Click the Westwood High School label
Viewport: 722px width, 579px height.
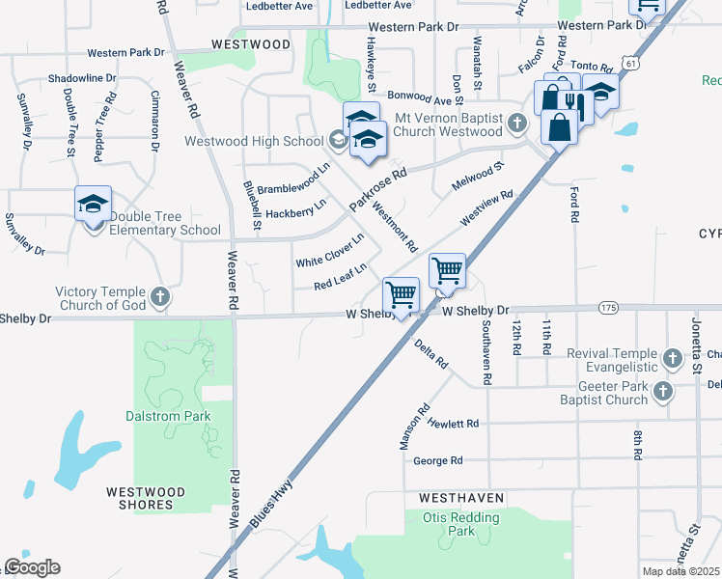click(254, 142)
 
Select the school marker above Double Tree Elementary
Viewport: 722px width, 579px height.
click(94, 205)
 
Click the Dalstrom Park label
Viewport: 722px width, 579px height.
click(168, 416)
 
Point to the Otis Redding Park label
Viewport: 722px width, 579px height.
click(461, 524)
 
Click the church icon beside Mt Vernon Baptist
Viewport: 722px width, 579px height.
click(518, 123)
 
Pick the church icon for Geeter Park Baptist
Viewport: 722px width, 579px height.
click(663, 391)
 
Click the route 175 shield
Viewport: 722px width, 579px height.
click(607, 308)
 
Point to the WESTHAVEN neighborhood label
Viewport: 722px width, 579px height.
click(461, 498)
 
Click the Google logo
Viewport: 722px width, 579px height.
click(32, 567)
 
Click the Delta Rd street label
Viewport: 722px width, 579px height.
click(430, 354)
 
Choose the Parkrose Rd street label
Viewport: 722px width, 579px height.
click(378, 187)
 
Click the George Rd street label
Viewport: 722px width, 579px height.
click(437, 460)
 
